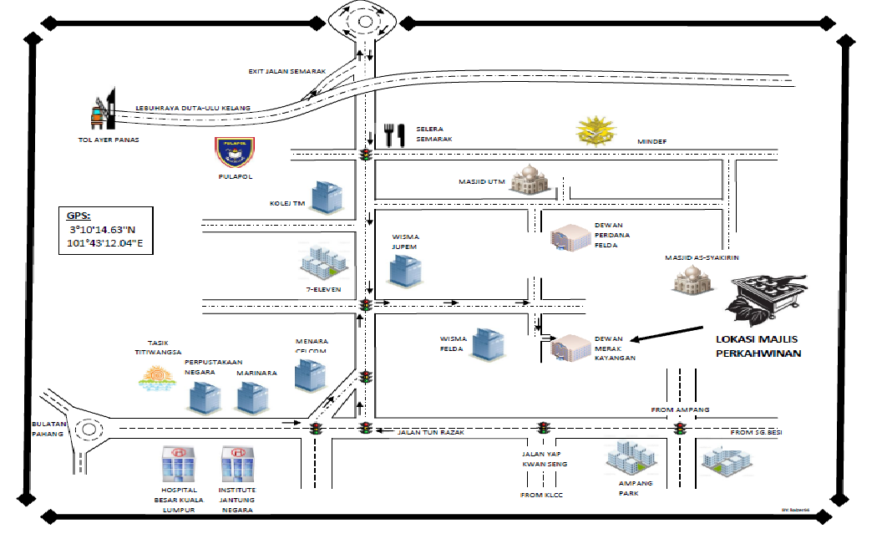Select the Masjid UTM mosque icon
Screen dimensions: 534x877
click(x=530, y=179)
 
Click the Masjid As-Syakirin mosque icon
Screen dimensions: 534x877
click(x=692, y=278)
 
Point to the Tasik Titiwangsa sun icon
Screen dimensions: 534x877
click(x=157, y=380)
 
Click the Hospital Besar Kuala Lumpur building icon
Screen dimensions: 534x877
click(x=177, y=462)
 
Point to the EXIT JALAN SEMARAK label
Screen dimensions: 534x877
click(x=286, y=72)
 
